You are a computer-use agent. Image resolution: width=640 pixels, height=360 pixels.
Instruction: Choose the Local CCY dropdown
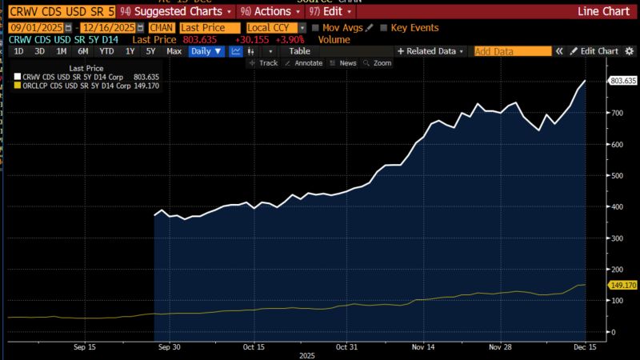click(x=275, y=28)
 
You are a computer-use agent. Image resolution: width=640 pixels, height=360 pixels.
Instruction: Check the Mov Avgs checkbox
click(x=317, y=28)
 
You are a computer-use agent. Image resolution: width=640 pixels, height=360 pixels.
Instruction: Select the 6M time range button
click(x=82, y=51)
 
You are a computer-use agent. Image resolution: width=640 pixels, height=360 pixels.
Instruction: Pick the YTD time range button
click(x=106, y=51)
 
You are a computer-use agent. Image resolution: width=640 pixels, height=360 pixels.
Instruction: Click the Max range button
click(x=174, y=51)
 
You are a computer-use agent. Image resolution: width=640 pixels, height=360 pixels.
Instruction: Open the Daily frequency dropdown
click(x=206, y=51)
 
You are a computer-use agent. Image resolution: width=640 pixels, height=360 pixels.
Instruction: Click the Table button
click(x=299, y=51)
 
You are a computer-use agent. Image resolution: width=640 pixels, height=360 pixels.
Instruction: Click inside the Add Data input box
click(x=512, y=51)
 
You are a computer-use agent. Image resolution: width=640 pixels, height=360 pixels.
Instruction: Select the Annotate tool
click(x=305, y=63)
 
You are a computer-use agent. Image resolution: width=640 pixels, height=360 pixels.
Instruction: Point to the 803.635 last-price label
click(x=622, y=81)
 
